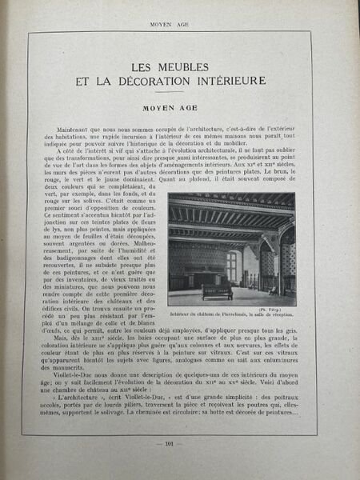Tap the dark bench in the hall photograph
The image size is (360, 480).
click(216, 290)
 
